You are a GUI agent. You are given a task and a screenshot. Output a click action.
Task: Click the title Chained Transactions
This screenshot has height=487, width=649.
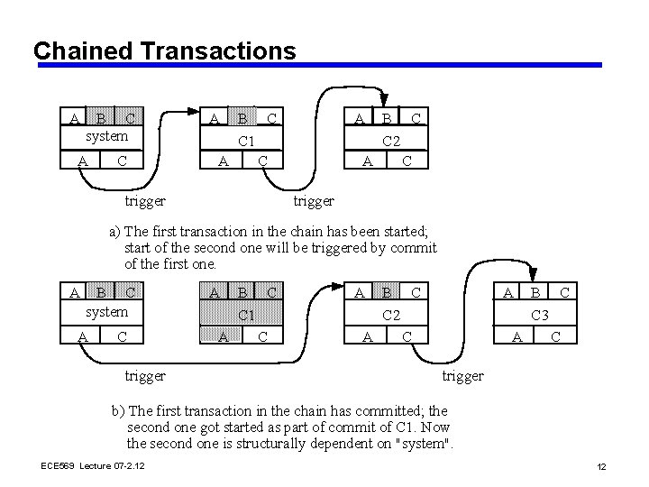(x=164, y=50)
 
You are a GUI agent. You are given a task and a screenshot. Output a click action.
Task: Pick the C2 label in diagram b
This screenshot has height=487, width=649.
(x=391, y=315)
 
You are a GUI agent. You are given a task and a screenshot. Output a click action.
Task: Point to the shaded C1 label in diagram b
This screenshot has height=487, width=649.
(x=245, y=315)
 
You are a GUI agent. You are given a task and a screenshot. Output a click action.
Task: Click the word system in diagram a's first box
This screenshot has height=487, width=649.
(x=106, y=136)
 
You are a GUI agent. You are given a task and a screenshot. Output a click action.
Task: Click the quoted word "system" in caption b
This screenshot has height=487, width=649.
(x=424, y=443)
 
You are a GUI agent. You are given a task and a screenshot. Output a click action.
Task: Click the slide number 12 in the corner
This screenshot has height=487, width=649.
(x=601, y=465)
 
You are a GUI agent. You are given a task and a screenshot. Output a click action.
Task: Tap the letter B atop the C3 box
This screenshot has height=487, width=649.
(x=535, y=292)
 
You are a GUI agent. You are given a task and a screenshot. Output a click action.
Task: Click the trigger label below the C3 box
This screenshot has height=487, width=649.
(x=462, y=375)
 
